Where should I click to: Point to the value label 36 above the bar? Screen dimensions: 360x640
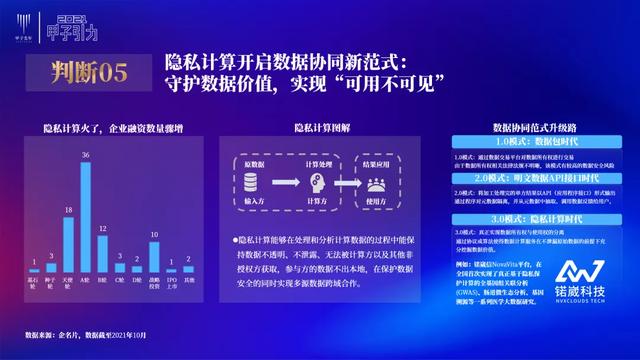click(x=86, y=155)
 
